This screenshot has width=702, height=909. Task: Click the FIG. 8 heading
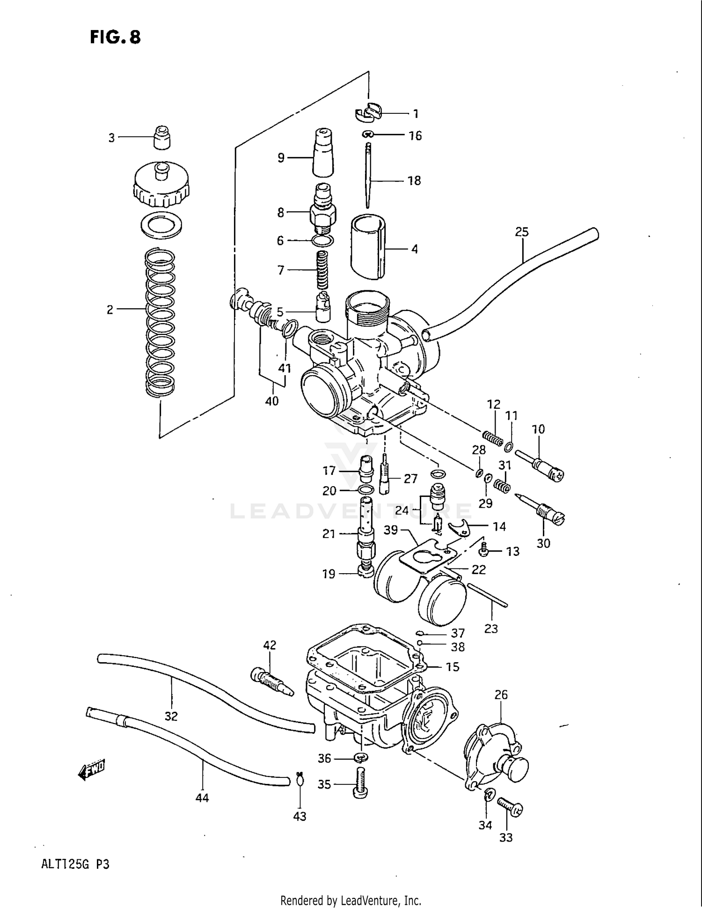click(x=115, y=37)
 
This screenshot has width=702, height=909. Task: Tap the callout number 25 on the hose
click(x=521, y=231)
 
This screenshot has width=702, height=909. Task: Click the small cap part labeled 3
click(x=162, y=138)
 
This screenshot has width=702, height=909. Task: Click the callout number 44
click(x=202, y=798)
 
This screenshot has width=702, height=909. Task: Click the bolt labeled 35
click(x=359, y=784)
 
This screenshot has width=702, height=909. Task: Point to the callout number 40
click(x=271, y=401)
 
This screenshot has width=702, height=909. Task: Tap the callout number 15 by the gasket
click(x=452, y=666)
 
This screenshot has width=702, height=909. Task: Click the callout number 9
click(x=281, y=158)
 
